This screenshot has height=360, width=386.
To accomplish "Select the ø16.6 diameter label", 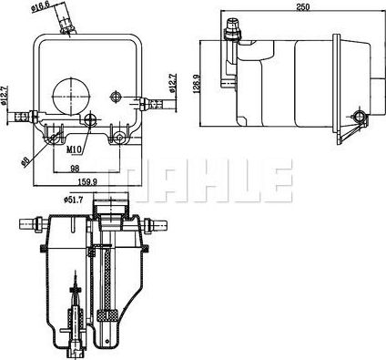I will pos(38,10).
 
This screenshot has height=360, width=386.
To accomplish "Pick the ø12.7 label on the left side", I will pos(6,94).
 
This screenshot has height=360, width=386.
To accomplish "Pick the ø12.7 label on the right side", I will pos(171,87).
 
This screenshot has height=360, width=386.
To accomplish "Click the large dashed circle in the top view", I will pos(71,92).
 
